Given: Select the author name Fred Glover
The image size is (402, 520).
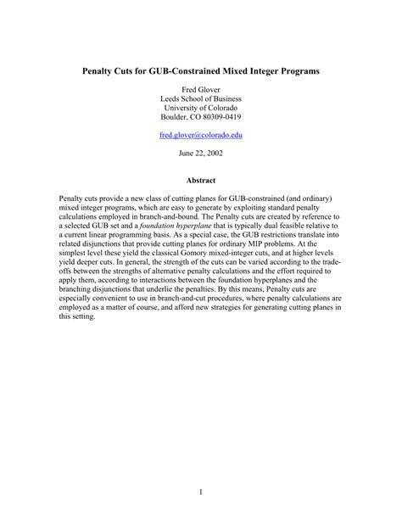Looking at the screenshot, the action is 201,87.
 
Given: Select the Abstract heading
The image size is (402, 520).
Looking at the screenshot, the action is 201,181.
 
